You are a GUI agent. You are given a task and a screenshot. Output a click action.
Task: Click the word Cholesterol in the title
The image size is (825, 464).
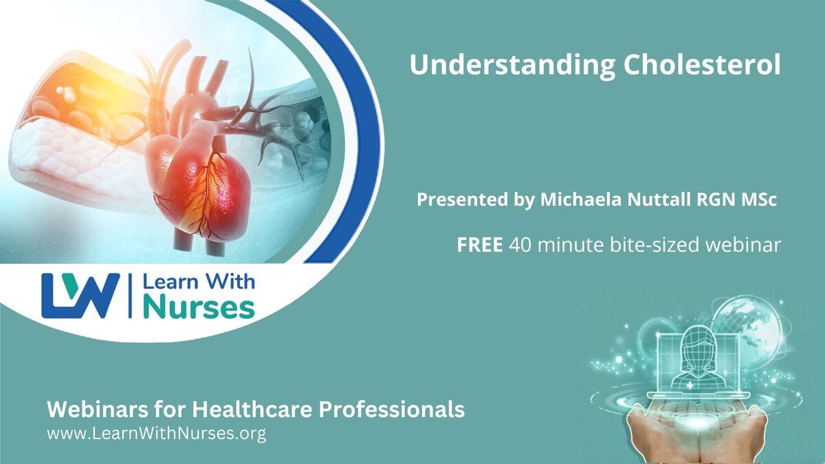click(x=702, y=65)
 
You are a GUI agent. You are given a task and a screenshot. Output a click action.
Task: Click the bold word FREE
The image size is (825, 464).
click(x=480, y=245)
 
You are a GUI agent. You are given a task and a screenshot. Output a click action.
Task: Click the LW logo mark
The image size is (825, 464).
click(x=80, y=296)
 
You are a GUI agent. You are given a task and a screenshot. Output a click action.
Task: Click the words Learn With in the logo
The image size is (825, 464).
click(x=199, y=282)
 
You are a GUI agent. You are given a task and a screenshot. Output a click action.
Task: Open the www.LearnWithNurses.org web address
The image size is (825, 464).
click(x=157, y=434)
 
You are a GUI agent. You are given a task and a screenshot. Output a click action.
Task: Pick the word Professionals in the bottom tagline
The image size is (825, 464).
click(x=391, y=410)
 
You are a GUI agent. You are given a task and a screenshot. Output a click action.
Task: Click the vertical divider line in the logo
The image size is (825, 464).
click(x=130, y=296)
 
